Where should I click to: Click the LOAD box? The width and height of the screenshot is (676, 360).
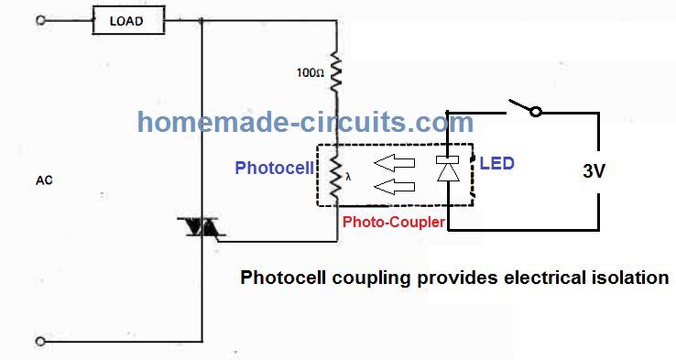pos(126,19)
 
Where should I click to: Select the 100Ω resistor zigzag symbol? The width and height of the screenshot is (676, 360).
pos(336,70)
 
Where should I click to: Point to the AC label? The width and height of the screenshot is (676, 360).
pos(43,180)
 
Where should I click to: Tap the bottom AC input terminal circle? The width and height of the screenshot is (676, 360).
pos(39,342)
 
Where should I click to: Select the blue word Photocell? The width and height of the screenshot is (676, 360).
pos(274,168)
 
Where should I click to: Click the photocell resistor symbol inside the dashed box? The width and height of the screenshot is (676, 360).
pos(336,173)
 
